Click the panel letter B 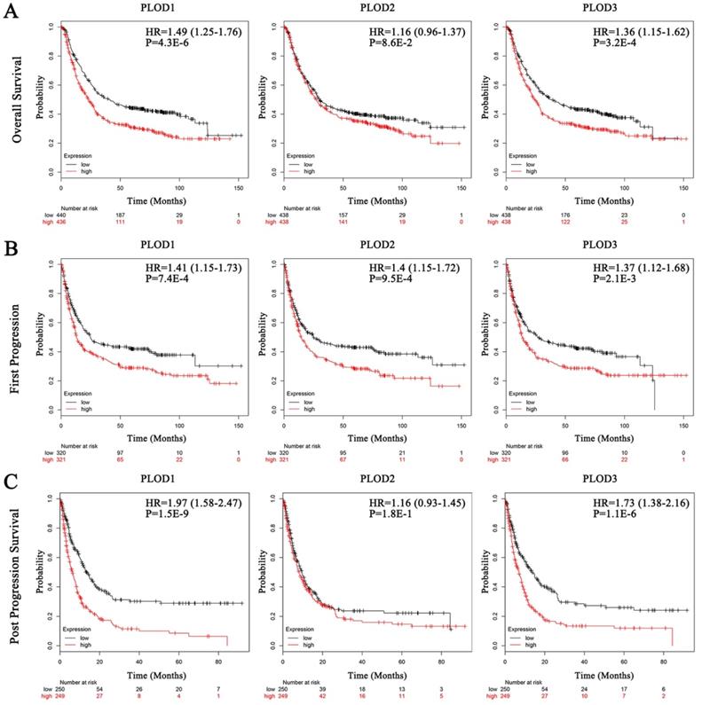pos(12,246)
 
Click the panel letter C pos(12,481)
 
